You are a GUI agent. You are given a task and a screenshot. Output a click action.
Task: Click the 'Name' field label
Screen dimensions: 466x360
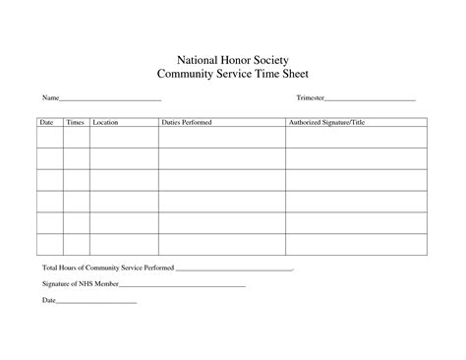[x=50, y=99]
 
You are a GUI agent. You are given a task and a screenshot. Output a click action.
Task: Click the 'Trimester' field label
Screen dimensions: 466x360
[x=310, y=99]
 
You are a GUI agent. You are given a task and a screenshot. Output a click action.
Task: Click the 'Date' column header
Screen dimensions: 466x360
[x=46, y=123]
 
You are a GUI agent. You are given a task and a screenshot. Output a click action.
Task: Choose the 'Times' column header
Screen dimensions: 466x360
[x=75, y=123]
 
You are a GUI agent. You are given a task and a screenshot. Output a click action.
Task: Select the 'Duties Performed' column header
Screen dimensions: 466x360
[x=187, y=123]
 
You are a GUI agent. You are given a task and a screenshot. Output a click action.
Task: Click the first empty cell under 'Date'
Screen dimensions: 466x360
[x=49, y=138]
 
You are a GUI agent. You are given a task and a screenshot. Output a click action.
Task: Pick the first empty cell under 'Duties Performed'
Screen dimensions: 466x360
[x=221, y=138]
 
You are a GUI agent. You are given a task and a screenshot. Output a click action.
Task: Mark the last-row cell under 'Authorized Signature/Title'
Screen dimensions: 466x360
[x=356, y=246]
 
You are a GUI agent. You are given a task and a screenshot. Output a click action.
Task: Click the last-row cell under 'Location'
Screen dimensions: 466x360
[x=124, y=246]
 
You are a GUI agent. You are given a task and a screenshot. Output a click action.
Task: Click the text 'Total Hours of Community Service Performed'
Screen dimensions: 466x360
[x=106, y=269]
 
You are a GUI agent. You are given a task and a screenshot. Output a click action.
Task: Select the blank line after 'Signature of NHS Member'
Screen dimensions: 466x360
[x=183, y=285]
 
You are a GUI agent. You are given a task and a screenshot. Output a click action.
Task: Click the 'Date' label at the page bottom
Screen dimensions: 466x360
[x=48, y=300]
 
